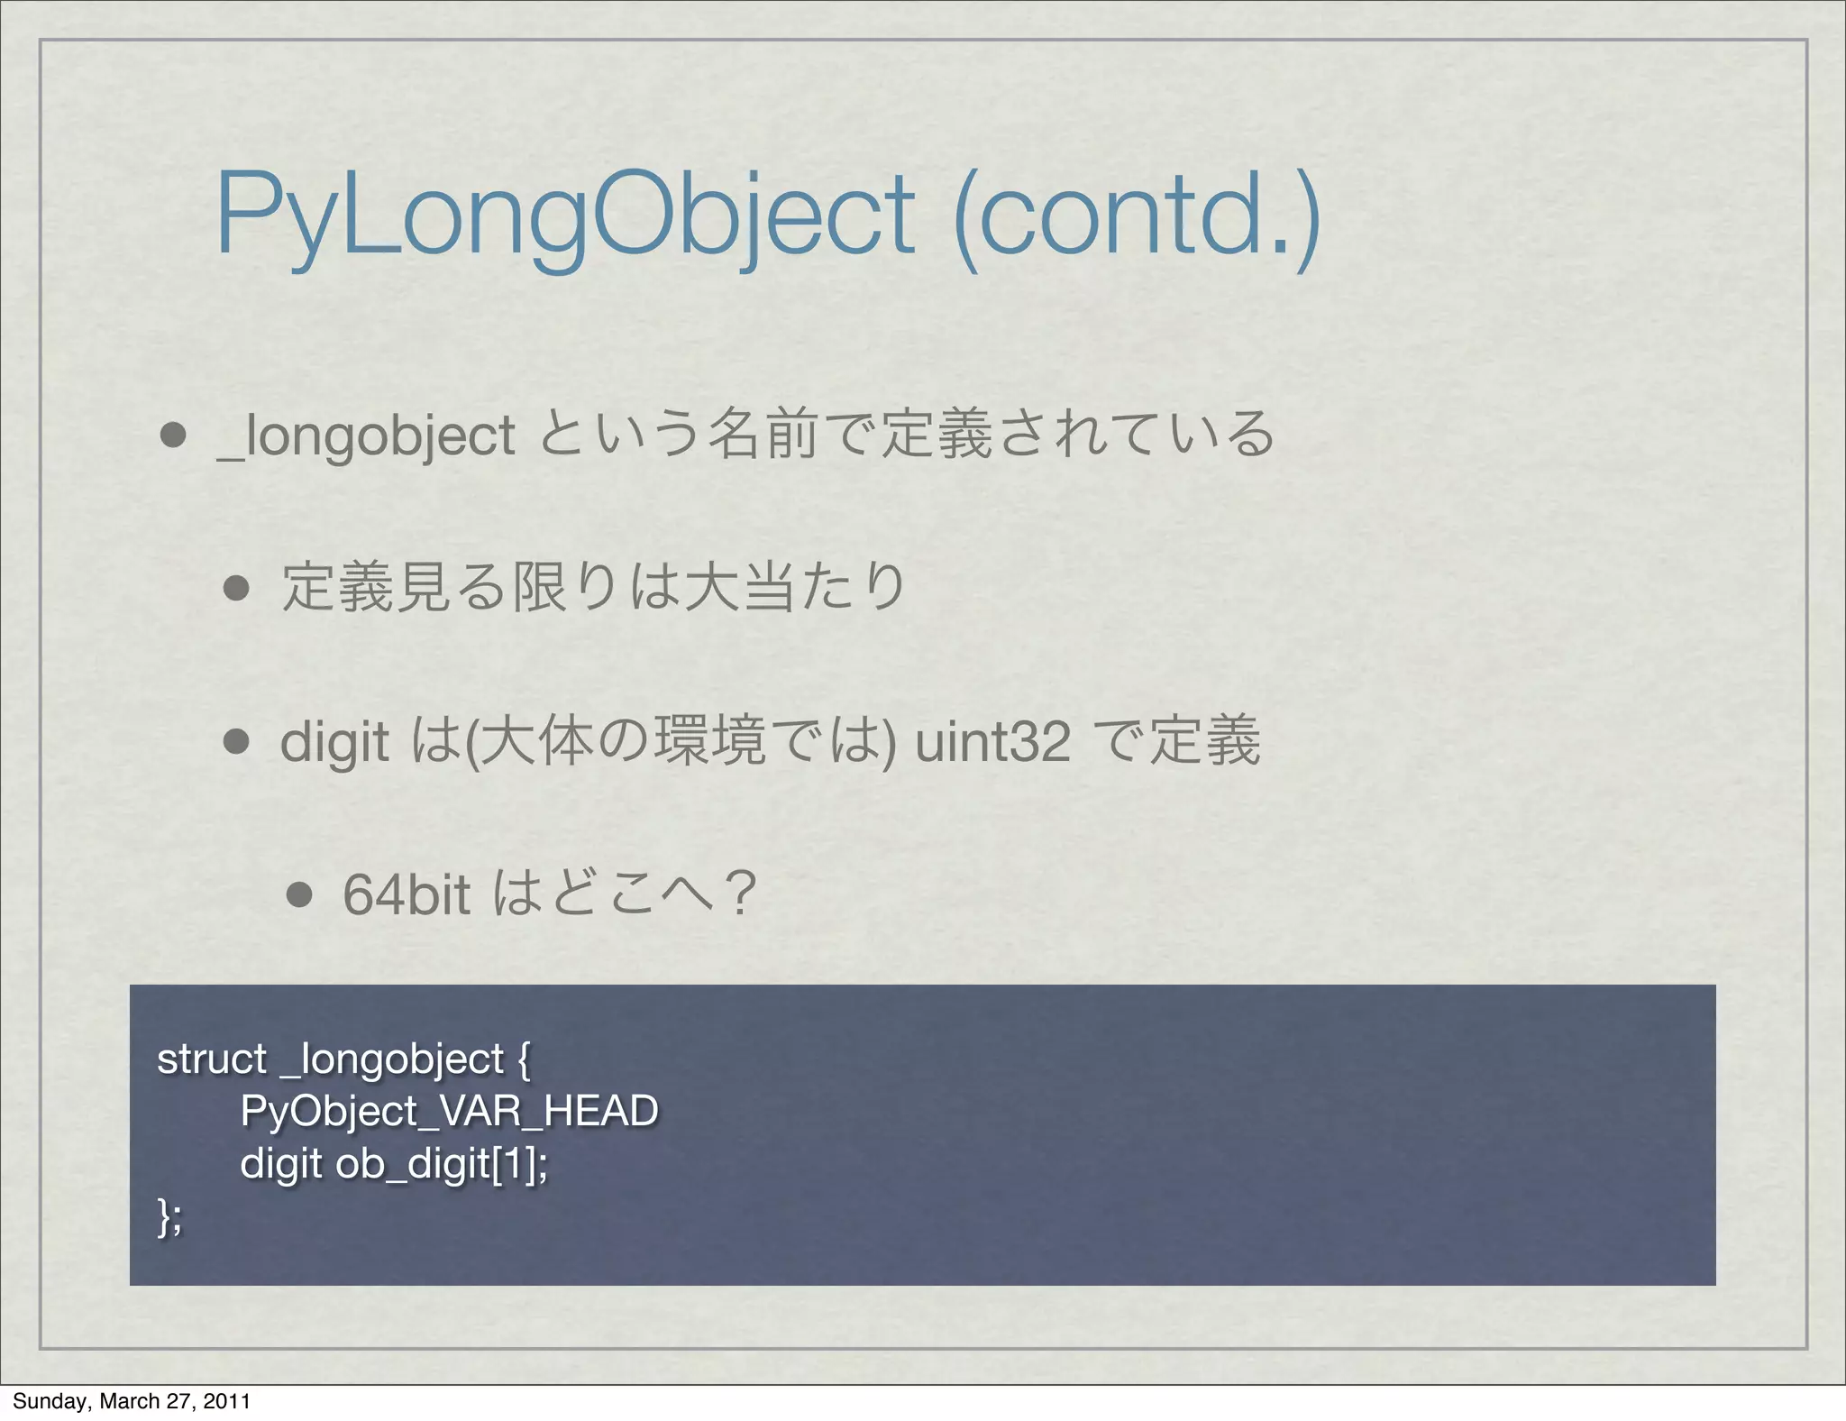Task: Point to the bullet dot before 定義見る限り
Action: [x=236, y=589]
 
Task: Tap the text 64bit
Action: [x=407, y=894]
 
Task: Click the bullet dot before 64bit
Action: [x=298, y=894]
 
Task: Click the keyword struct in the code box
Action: [x=212, y=1059]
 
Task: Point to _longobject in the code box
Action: [x=393, y=1060]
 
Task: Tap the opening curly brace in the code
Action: [x=525, y=1060]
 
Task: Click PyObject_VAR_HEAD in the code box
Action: [x=449, y=1112]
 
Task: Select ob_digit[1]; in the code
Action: [x=442, y=1164]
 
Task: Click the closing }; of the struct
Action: [x=169, y=1217]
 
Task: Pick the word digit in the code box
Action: [x=280, y=1164]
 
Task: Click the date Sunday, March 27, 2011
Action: [x=132, y=1400]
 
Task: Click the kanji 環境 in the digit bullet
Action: [x=710, y=741]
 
